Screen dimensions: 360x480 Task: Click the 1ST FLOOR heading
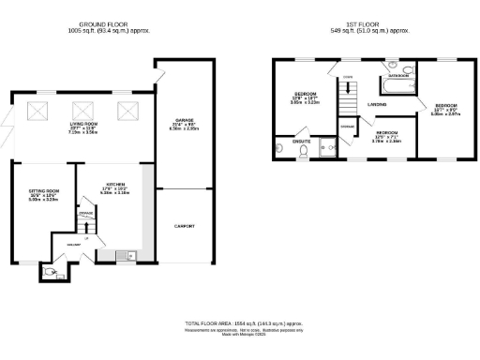point(359,24)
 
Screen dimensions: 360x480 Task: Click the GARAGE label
point(184,121)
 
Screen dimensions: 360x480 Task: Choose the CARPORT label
point(184,226)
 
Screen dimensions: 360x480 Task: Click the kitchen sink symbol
point(130,255)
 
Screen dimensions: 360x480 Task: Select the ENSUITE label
point(302,141)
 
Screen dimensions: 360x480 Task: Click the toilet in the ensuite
point(280,149)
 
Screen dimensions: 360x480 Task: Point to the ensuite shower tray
point(328,147)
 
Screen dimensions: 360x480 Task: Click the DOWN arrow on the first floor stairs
point(347,77)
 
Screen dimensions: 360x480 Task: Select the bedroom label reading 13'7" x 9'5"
point(443,109)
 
